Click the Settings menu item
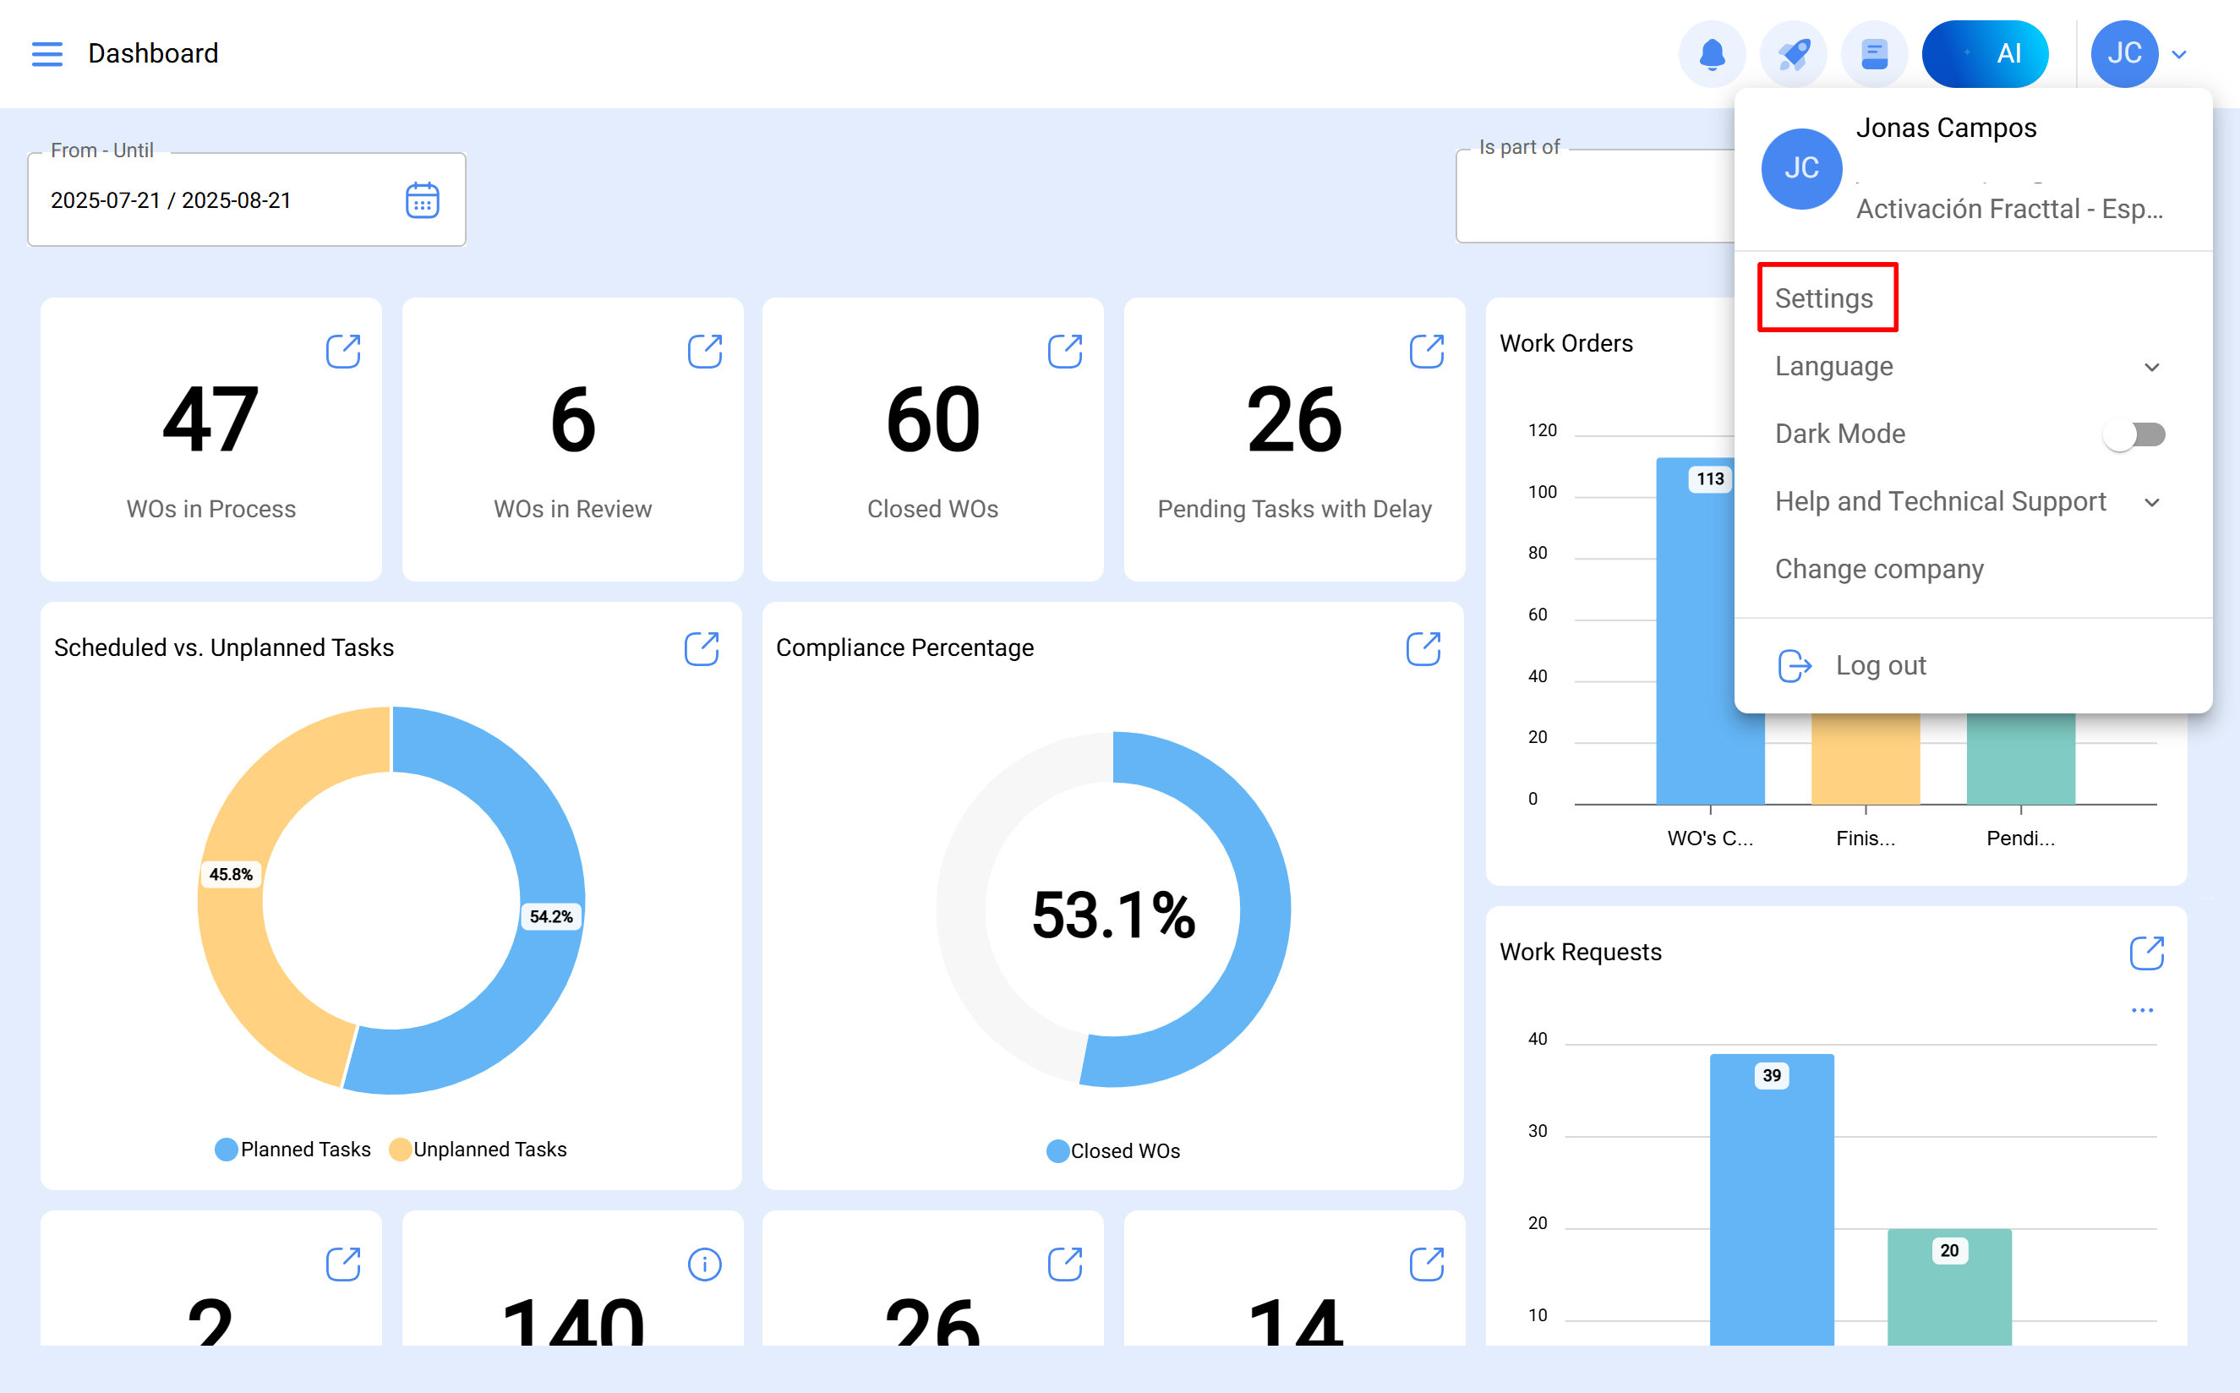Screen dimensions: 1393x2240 (x=1823, y=298)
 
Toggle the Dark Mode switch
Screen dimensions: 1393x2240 (x=2133, y=434)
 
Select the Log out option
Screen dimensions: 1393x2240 (x=1879, y=665)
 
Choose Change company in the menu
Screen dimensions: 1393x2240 (x=1879, y=570)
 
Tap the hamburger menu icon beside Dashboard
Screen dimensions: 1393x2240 (x=47, y=53)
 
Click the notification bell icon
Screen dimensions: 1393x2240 (x=1712, y=53)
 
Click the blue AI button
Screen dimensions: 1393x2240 (x=1985, y=53)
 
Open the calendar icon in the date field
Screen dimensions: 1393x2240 (x=423, y=200)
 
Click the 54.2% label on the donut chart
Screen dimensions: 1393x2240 (x=551, y=916)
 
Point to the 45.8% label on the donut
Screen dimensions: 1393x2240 (x=230, y=874)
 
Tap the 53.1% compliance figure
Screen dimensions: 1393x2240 (x=1113, y=915)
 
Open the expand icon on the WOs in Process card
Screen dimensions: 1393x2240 (x=343, y=351)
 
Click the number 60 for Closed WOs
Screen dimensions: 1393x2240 (x=933, y=420)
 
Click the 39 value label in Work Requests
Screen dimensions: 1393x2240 (x=1771, y=1075)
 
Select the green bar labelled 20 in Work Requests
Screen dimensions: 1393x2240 (x=1949, y=1290)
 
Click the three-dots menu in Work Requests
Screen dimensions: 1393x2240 (x=2142, y=1011)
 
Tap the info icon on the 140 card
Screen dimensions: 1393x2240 (x=705, y=1265)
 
